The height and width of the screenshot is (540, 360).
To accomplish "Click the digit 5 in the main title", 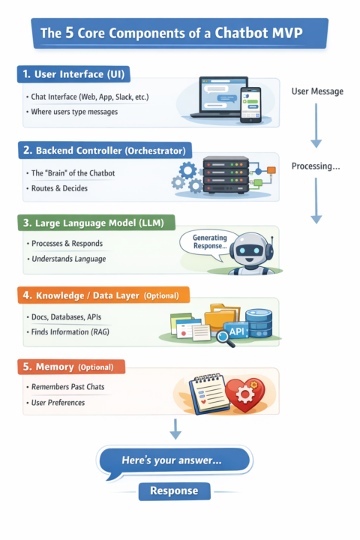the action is [70, 33].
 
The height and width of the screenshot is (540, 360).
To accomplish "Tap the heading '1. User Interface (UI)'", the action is [73, 74].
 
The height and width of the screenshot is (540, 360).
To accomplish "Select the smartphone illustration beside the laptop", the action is [250, 105].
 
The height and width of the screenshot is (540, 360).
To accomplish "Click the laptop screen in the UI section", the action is [223, 95].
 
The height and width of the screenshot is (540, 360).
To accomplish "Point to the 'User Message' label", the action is [317, 91].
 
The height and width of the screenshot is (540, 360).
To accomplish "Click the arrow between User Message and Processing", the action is [316, 125].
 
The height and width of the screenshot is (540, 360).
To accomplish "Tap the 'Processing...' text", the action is [316, 166].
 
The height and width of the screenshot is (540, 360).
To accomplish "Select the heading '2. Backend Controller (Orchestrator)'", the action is [105, 151].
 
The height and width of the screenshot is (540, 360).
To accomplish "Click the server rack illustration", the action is [226, 174].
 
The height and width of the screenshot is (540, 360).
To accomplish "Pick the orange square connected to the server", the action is [271, 169].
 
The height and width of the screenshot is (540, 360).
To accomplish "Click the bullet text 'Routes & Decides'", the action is [59, 188].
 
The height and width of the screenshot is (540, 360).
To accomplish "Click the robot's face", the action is [250, 250].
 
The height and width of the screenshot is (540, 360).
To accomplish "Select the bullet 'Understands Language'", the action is [68, 259].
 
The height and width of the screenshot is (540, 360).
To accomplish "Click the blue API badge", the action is [236, 331].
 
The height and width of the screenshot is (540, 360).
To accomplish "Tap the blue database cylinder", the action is [259, 322].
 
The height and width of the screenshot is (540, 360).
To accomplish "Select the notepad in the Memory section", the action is [209, 393].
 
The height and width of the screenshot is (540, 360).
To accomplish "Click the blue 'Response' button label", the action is [174, 491].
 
